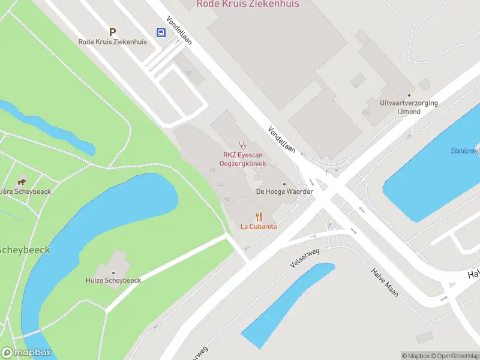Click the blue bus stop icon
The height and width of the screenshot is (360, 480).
(161, 32)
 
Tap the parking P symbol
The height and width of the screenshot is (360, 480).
(112, 31)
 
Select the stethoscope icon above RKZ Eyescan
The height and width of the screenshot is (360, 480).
(243, 145)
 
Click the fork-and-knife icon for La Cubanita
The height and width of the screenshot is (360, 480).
(259, 216)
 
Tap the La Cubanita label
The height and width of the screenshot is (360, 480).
(259, 226)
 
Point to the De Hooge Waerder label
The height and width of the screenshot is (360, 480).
(284, 191)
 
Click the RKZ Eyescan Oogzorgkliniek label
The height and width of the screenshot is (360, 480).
(244, 159)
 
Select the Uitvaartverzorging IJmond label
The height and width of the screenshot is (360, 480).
(409, 107)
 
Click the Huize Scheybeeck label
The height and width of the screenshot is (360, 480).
(113, 280)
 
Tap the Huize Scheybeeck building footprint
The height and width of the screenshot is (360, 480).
(115, 265)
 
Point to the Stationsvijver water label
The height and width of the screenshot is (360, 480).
(466, 151)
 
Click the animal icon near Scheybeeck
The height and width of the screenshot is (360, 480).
(22, 182)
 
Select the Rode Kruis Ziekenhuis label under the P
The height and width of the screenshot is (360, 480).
(112, 42)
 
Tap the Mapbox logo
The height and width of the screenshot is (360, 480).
(26, 353)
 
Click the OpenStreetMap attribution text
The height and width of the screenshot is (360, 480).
(453, 356)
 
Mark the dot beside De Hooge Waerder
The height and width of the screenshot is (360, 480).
(284, 184)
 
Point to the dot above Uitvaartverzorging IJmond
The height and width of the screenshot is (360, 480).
(409, 95)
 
